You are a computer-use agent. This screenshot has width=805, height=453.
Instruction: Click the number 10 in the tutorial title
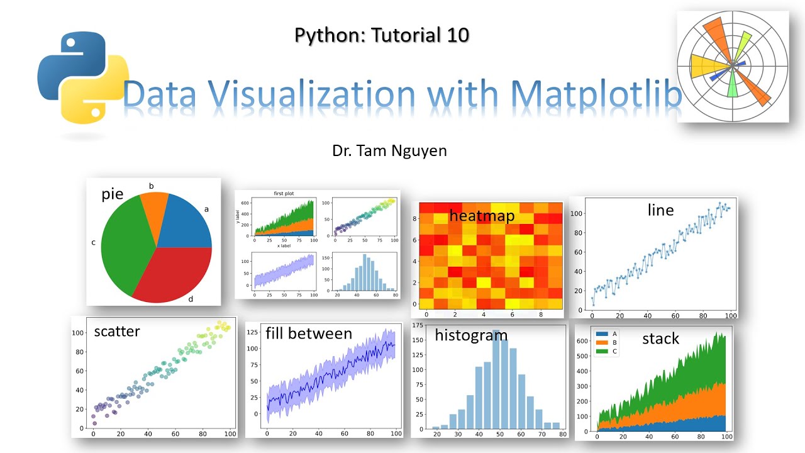457,35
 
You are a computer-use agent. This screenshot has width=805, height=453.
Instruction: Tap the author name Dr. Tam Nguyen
389,151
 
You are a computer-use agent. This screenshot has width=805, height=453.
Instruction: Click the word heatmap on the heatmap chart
482,216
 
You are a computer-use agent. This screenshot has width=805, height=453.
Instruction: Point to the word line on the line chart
660,210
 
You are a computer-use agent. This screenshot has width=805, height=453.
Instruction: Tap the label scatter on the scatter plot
117,331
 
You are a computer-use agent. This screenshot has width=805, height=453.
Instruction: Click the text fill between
309,333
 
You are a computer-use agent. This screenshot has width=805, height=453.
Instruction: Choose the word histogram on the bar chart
471,335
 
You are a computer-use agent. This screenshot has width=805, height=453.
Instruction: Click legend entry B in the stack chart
613,342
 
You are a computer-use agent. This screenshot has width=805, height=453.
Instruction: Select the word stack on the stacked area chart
660,338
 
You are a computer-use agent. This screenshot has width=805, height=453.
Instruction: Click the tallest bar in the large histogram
496,377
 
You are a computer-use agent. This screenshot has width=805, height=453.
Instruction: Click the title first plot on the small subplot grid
284,194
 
